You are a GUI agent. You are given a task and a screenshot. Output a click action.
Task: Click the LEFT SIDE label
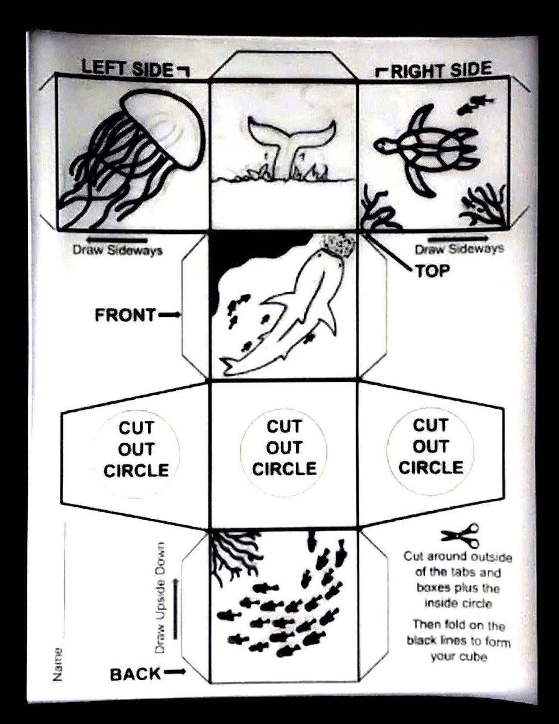pos(127,68)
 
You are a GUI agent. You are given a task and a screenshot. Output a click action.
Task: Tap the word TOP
pos(432,270)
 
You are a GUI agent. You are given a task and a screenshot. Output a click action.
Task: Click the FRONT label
pos(125,315)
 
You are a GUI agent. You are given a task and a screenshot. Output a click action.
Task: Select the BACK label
pos(135,674)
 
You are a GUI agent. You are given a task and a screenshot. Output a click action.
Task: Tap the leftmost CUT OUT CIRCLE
pos(136,449)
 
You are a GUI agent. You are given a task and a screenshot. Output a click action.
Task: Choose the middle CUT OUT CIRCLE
pos(284,447)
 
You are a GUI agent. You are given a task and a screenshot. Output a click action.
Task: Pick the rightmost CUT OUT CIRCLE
pos(431,447)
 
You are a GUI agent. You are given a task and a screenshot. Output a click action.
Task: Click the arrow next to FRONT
pos(169,315)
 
